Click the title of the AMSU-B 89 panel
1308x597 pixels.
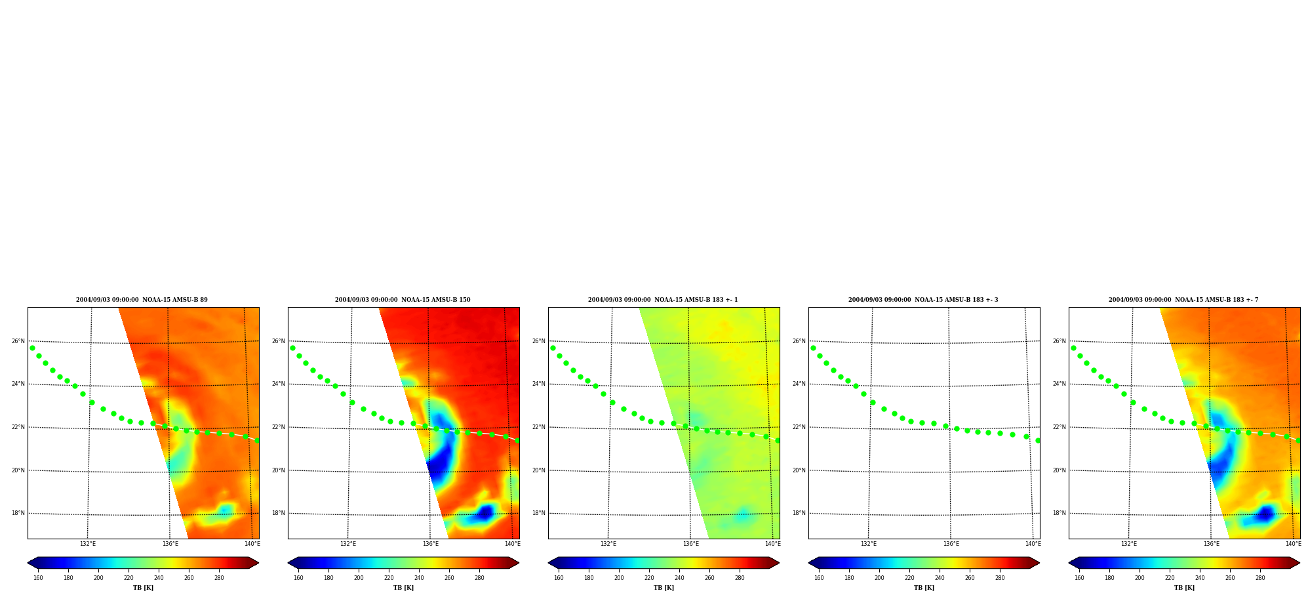142,300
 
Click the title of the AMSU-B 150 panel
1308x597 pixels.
403,300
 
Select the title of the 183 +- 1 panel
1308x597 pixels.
663,300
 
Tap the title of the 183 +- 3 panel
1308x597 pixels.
923,300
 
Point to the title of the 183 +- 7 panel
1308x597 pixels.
1183,300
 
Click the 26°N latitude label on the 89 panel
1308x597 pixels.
18,341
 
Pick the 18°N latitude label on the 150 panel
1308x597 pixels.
278,513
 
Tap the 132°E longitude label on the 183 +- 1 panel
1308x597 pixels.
608,544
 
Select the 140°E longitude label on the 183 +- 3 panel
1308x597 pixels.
1033,544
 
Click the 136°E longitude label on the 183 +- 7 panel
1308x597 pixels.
1211,544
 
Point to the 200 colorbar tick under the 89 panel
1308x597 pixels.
98,578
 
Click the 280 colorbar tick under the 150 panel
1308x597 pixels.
479,578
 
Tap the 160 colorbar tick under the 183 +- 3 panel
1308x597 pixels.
819,578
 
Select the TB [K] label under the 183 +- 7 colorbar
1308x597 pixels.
1184,588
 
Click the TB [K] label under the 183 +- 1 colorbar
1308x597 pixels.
664,588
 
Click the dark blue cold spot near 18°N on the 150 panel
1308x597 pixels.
485,513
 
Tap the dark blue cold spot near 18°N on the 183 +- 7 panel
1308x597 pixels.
1265,514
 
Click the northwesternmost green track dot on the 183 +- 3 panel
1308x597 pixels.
813,348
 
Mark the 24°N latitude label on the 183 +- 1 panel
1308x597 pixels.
538,384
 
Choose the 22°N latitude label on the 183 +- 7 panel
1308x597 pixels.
1059,427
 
